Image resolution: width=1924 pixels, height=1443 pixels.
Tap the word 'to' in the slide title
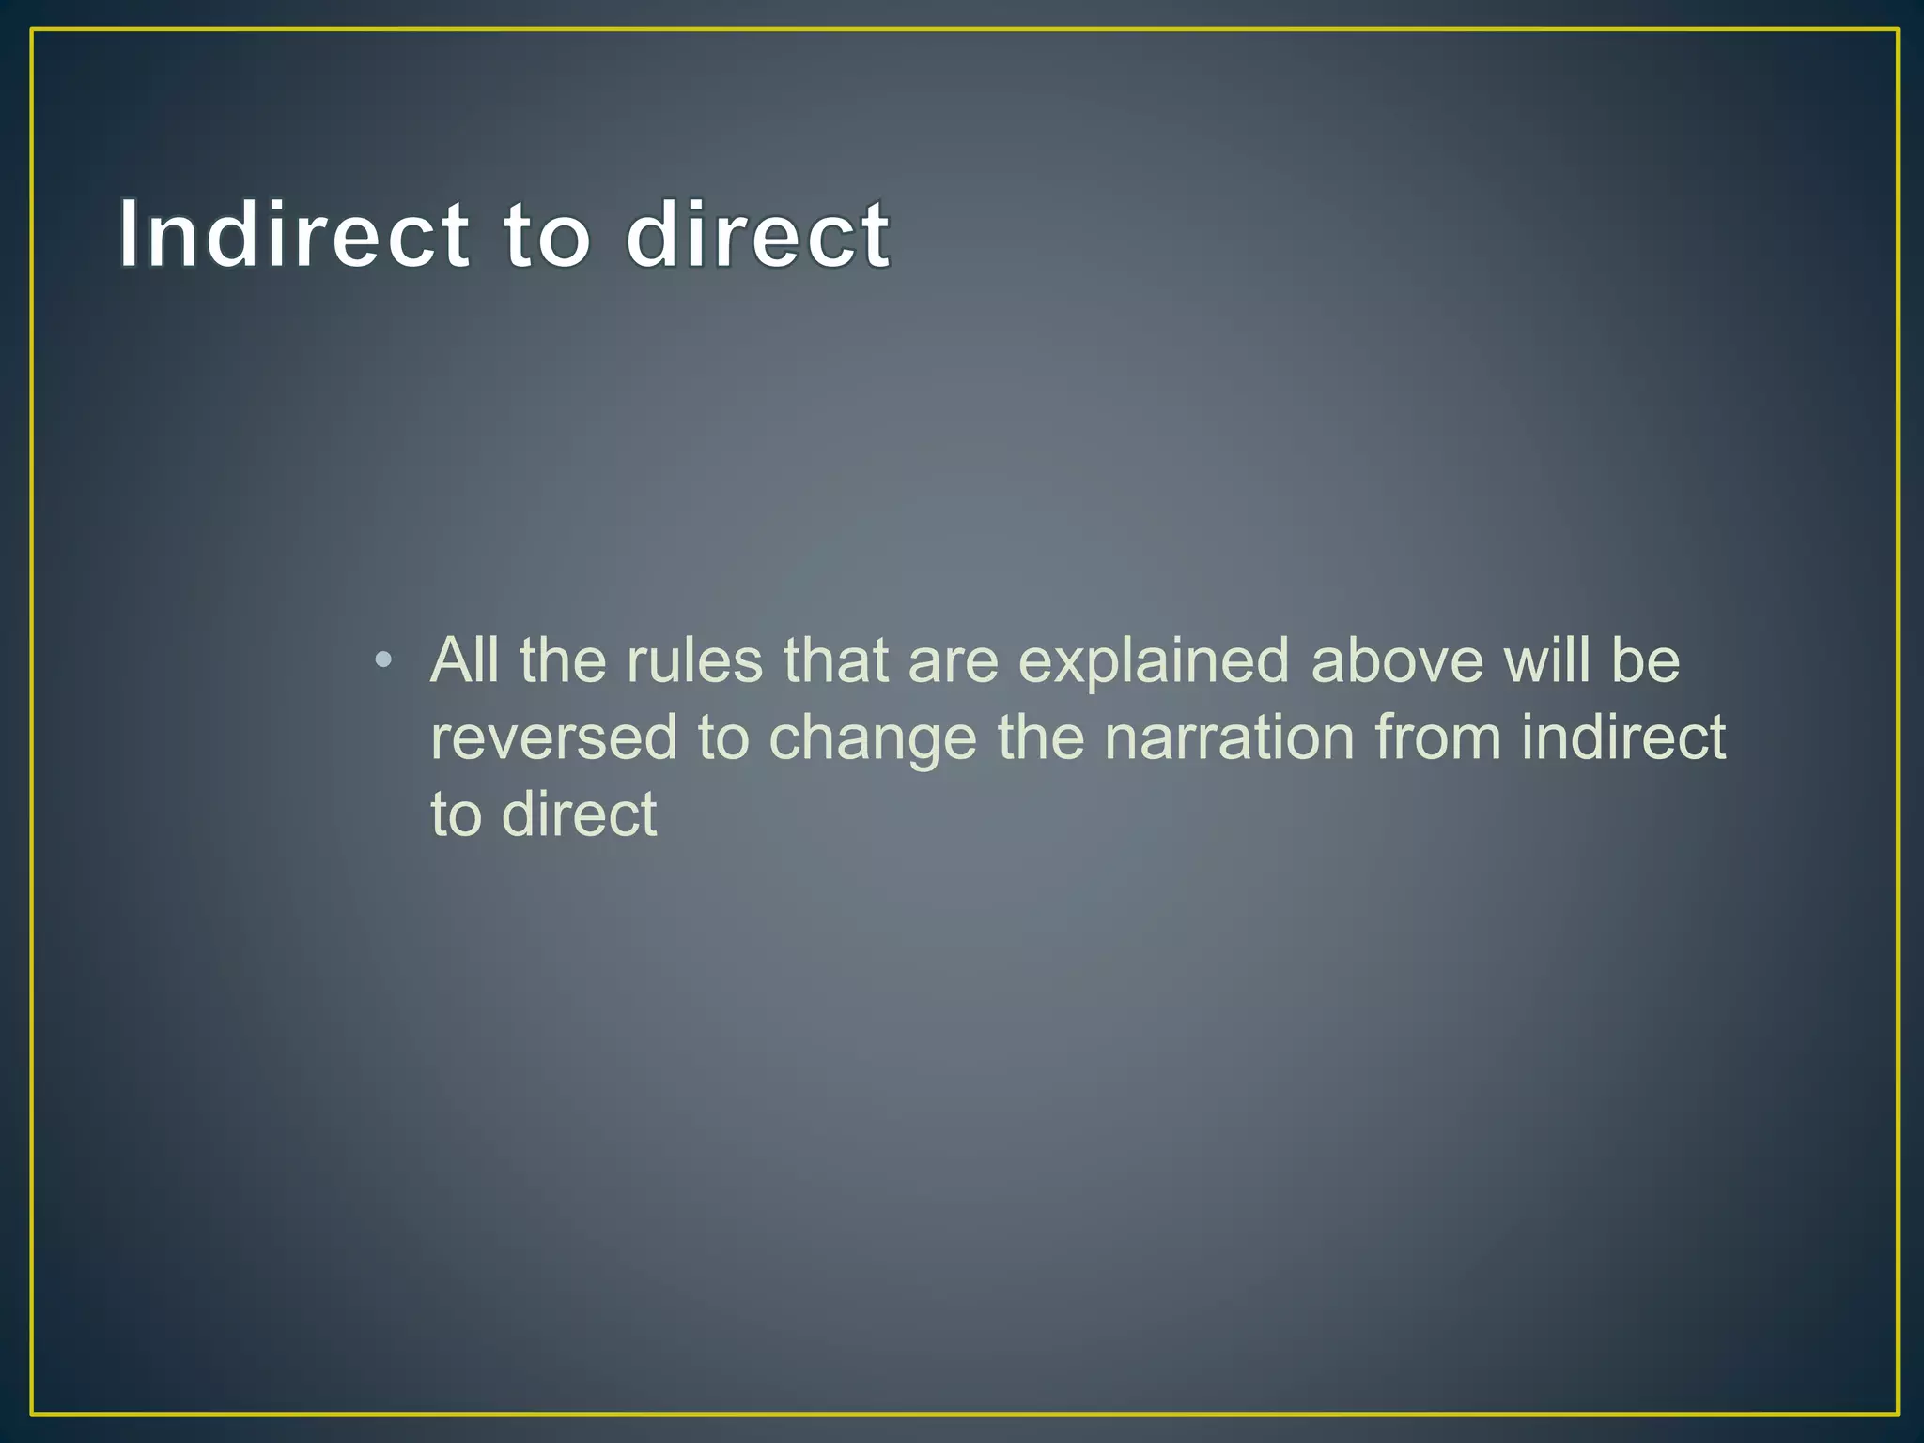548,235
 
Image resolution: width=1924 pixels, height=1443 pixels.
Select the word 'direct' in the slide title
757,235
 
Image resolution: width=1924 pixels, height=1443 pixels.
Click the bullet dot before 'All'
382,660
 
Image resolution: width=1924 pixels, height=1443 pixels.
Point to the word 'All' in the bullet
464,660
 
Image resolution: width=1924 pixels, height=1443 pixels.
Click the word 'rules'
694,660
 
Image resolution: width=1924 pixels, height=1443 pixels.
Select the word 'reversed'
553,737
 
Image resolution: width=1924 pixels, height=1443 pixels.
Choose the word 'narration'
1229,737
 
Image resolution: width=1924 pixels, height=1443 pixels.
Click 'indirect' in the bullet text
1623,737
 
